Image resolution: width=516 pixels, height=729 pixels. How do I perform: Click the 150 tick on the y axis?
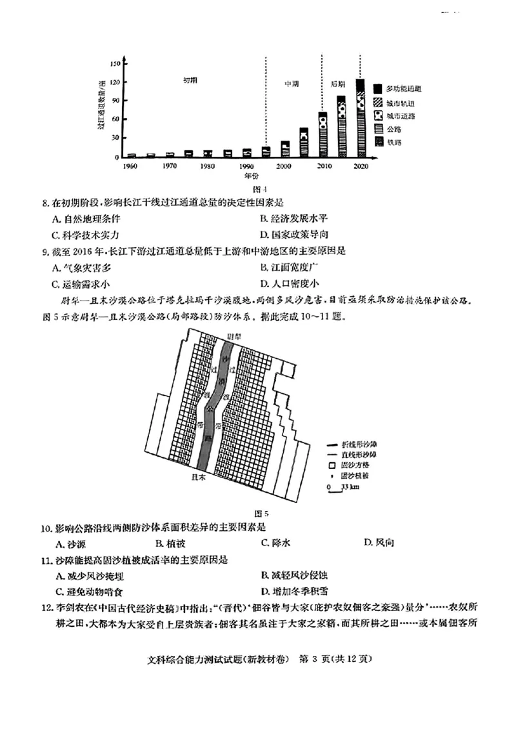114,63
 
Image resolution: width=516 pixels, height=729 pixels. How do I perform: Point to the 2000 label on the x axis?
284,166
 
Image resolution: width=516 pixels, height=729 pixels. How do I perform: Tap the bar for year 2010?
322,135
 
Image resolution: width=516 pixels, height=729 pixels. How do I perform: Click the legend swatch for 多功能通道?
376,88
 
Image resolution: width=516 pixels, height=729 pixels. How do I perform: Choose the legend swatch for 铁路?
376,141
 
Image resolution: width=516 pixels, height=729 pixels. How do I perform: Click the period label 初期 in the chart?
190,80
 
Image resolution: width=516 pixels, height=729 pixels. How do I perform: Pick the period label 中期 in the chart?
292,85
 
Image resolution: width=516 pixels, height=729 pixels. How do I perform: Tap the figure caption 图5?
261,514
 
